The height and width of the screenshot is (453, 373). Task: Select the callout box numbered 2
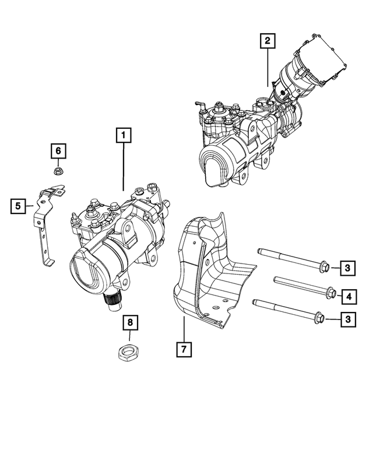coord(267,41)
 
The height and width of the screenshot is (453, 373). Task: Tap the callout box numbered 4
coord(348,297)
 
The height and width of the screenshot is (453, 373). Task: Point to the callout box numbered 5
coord(18,205)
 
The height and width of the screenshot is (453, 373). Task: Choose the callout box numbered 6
coord(58,152)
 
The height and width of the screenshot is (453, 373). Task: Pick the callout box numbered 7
coord(183,349)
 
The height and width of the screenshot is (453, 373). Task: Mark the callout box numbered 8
coord(130,322)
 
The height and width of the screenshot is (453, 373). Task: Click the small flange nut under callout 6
coord(58,171)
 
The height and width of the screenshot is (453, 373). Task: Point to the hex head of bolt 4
coord(330,293)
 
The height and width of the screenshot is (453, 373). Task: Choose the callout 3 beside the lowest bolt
coord(348,319)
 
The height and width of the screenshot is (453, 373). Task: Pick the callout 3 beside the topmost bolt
coord(348,268)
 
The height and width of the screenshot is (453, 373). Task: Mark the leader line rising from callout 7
coord(183,329)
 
